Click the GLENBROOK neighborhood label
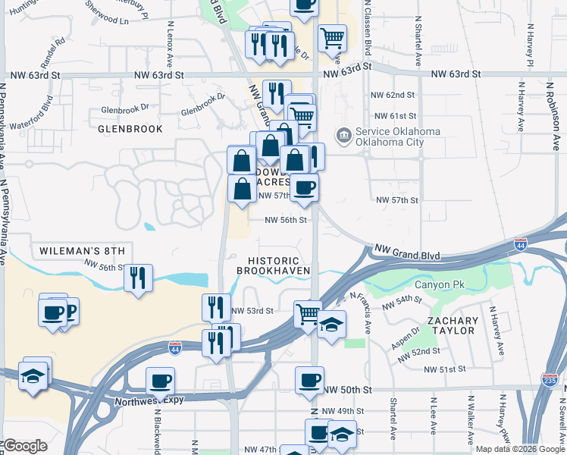[x=130, y=129]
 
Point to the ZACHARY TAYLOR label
[x=452, y=325]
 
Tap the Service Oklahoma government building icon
[x=344, y=136]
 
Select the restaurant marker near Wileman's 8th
[x=139, y=278]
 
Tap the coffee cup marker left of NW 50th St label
[x=309, y=380]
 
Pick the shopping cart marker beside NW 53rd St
[x=307, y=312]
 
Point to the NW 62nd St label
[x=393, y=96]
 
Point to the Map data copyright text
[x=519, y=449]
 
